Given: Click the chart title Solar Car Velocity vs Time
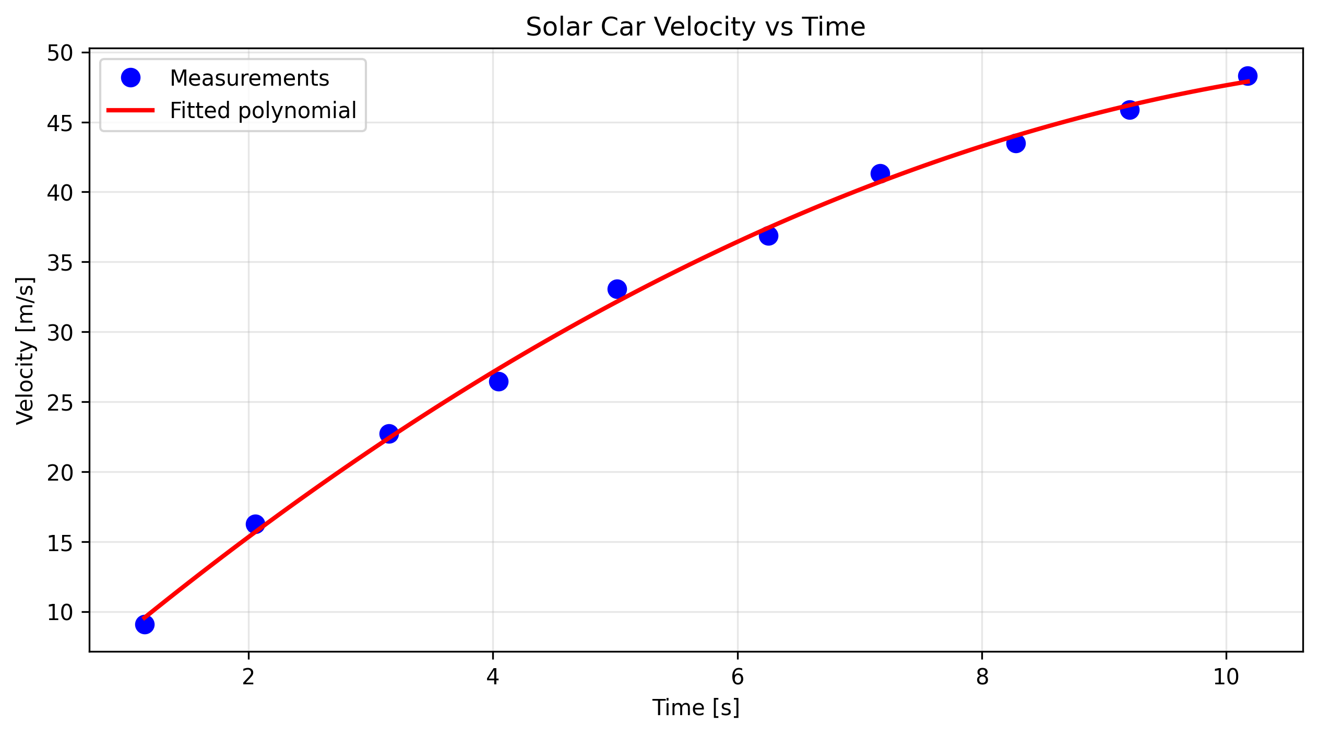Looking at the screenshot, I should (695, 27).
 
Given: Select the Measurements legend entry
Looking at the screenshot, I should (249, 78).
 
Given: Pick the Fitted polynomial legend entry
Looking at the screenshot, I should (263, 111).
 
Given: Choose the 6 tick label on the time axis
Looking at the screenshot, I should (737, 678).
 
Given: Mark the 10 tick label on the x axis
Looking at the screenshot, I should (1226, 678).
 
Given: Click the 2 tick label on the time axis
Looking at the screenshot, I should (248, 678).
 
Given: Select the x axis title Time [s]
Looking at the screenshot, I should (695, 708).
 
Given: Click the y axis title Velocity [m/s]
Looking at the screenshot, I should (25, 351).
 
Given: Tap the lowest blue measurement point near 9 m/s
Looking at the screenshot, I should (145, 624).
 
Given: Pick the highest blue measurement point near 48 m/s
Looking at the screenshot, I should (1247, 76).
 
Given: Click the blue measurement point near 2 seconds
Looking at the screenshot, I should (255, 523).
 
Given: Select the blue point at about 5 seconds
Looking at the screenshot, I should (617, 289).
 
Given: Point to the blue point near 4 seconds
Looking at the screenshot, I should (498, 382).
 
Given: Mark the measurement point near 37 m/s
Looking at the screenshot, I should (768, 236).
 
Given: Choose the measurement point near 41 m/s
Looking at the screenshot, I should (880, 173).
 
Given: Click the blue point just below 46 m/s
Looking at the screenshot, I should (1130, 110).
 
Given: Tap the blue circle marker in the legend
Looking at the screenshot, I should (130, 78).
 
